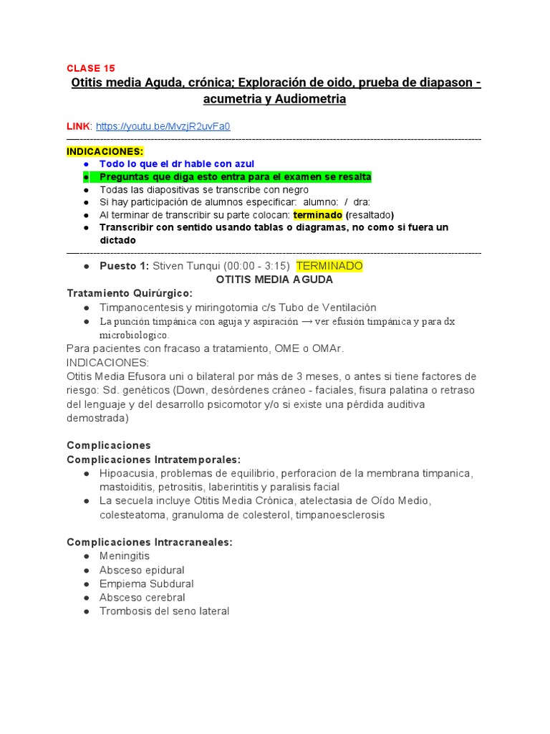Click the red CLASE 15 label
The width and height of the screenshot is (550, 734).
coord(90,68)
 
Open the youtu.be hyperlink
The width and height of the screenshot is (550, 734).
coord(163,126)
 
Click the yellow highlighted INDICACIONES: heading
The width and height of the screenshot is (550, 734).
coord(105,151)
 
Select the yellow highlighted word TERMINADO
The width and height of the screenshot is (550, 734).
coord(329,266)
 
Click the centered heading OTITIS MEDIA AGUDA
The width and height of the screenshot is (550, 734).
coord(275,280)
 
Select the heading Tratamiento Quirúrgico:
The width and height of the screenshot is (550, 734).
coord(129,293)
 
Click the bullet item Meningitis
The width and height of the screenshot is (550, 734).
coord(125,556)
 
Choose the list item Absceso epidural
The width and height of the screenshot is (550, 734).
coord(142,570)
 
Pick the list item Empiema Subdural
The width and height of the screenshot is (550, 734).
coord(146,583)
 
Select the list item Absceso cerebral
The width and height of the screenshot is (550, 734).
coord(143,597)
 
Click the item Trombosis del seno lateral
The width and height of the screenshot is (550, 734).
coord(164,611)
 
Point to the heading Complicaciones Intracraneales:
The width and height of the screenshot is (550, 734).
coord(149,542)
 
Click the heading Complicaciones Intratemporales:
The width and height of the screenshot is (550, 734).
coord(153,459)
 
